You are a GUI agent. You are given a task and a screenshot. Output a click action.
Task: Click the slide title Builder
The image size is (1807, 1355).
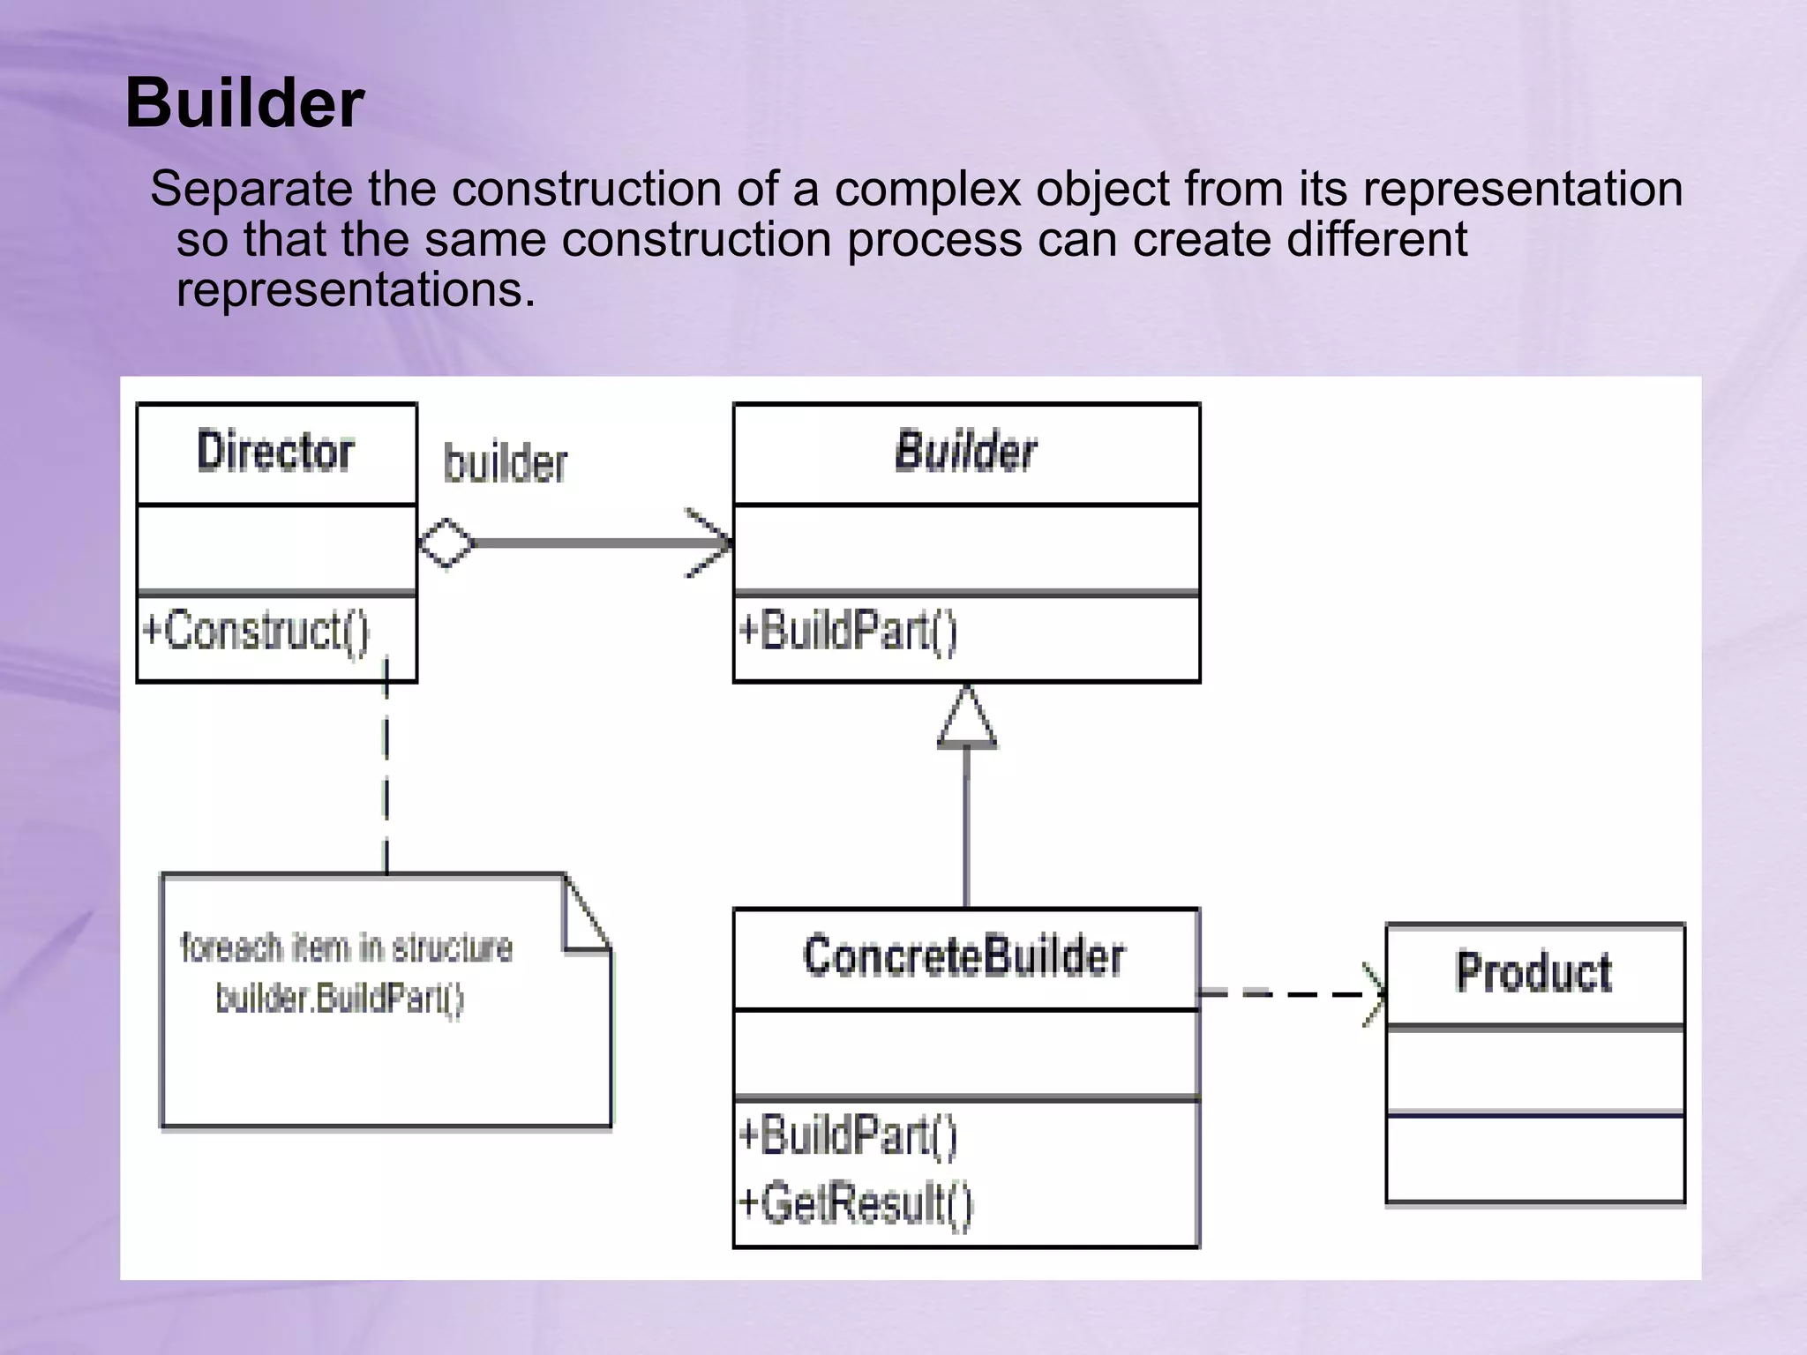point(244,103)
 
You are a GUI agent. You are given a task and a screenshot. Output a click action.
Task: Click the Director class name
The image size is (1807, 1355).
point(275,452)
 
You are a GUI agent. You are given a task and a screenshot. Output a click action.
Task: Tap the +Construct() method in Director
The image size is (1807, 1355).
point(256,632)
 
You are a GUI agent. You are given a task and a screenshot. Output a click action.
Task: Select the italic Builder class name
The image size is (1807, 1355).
point(966,452)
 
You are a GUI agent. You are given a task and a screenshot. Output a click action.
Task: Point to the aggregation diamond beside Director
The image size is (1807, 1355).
point(446,543)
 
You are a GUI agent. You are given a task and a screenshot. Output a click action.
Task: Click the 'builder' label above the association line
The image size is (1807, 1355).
point(505,464)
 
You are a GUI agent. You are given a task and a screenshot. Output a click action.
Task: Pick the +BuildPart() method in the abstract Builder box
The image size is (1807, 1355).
point(848,632)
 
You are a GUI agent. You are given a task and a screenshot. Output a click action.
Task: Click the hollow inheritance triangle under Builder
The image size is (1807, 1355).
point(967,719)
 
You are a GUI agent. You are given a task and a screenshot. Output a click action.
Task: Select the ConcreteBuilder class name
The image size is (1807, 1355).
point(964,956)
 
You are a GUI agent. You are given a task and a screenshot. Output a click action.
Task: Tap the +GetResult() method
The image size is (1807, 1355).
point(855,1203)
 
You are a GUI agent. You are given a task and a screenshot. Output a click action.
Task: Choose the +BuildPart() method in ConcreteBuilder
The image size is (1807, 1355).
point(848,1135)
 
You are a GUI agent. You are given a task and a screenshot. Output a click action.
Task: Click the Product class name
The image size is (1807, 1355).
point(1534,972)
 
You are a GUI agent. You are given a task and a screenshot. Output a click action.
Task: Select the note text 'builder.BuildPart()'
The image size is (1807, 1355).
point(340,999)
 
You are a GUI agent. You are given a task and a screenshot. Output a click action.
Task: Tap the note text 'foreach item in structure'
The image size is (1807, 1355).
point(346,948)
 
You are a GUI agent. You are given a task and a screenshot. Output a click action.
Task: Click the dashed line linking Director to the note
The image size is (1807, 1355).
point(386,776)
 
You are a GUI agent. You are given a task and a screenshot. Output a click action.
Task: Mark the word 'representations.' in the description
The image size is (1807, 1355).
point(356,289)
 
